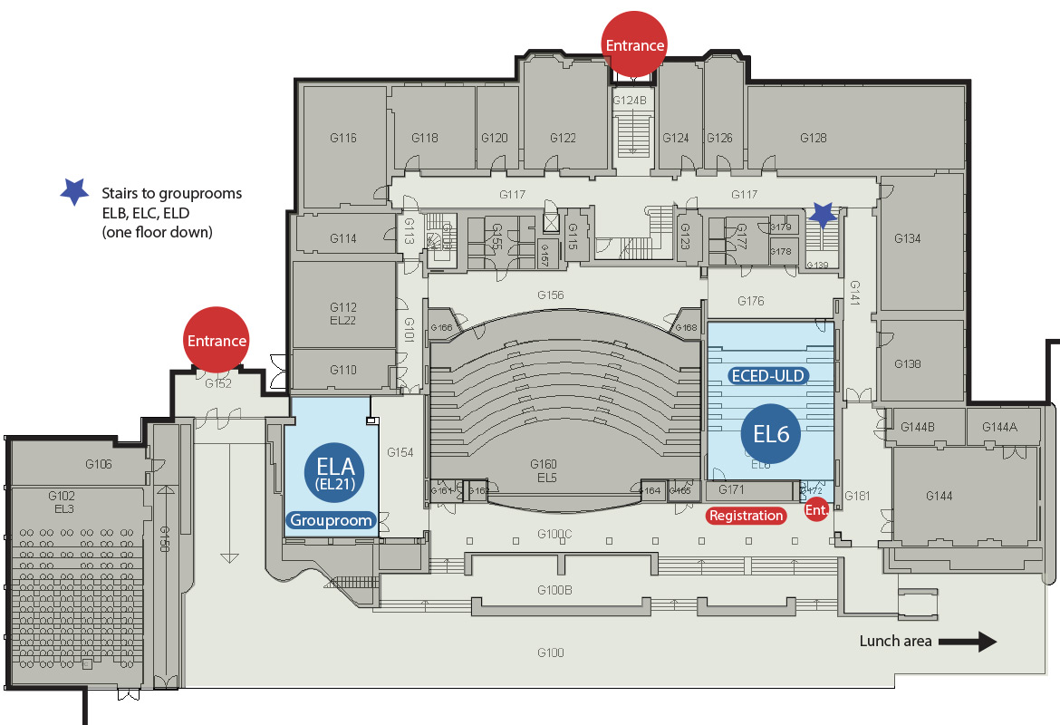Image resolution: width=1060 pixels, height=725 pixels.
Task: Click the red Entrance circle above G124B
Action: [x=634, y=43]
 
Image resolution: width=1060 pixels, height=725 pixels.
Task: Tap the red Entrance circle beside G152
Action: [x=217, y=340]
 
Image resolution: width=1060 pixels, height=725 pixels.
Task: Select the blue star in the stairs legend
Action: [x=73, y=191]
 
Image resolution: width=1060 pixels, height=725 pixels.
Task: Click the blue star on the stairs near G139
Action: [x=823, y=214]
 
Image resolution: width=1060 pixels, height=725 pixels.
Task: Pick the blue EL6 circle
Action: [x=771, y=433]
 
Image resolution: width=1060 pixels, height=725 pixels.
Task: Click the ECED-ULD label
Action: [x=768, y=375]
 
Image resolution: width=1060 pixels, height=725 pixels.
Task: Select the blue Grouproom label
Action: [x=331, y=520]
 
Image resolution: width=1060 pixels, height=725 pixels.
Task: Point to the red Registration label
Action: [x=746, y=516]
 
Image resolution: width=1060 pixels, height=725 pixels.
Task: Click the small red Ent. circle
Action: [x=817, y=509]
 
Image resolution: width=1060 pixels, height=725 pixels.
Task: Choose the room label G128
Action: [x=813, y=138]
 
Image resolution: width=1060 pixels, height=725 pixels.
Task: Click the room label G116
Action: [x=342, y=138]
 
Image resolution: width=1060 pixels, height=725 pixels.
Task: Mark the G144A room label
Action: [x=1000, y=426]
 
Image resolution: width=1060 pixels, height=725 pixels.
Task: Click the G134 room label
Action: [x=907, y=238]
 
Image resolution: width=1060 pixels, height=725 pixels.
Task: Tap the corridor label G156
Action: [x=550, y=295]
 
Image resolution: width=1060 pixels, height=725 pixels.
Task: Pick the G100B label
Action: [x=554, y=590]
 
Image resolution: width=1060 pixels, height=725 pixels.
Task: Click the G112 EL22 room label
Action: [x=342, y=314]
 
